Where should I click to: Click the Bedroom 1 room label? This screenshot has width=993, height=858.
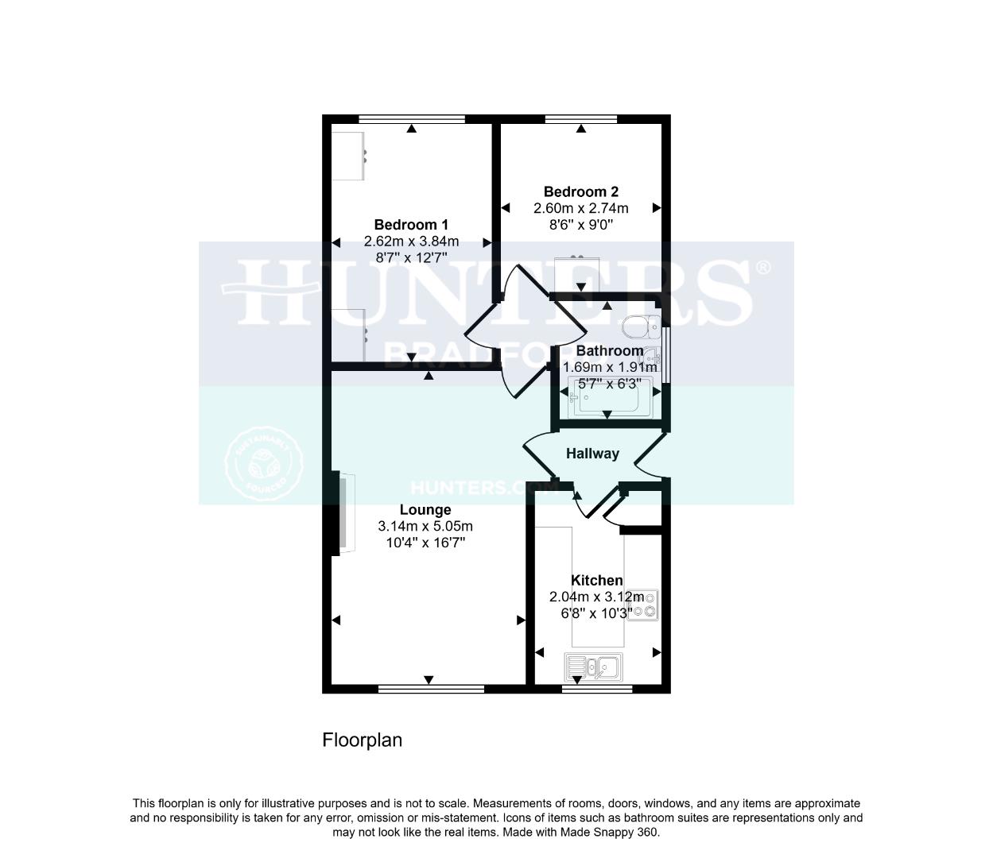click(411, 225)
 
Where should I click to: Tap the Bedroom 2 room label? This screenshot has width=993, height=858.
click(580, 191)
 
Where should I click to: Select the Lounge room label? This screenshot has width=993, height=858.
click(425, 510)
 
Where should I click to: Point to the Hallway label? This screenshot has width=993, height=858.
click(592, 454)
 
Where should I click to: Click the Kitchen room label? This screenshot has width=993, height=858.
click(596, 581)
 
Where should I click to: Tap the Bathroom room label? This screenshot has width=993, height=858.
click(610, 350)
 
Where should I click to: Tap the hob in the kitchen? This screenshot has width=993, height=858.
click(643, 605)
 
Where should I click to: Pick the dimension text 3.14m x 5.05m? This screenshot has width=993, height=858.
click(425, 526)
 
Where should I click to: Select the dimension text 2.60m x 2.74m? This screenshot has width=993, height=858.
click(580, 208)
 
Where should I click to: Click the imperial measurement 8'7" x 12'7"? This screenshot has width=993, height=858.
click(411, 257)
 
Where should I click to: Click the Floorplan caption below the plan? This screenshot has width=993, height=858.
click(362, 740)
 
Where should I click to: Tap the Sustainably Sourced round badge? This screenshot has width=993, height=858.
click(264, 466)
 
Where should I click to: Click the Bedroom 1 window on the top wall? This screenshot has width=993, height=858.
click(411, 119)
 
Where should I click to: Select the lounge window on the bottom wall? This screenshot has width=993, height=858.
click(430, 689)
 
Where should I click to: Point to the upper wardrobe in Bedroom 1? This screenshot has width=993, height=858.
click(348, 155)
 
